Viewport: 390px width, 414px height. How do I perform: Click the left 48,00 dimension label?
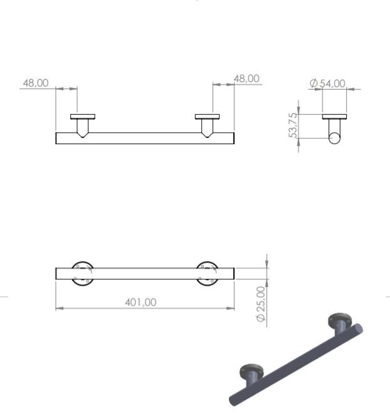[36, 83]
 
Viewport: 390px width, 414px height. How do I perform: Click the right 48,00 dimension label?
[246, 78]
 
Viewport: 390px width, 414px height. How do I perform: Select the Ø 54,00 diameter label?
[327, 83]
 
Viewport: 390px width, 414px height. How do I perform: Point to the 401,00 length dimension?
[140, 302]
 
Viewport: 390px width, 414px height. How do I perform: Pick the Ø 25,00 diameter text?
[261, 304]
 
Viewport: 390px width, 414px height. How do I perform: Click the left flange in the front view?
[82, 116]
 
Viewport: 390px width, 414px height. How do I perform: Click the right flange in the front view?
[207, 116]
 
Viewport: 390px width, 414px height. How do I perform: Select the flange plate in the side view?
[334, 116]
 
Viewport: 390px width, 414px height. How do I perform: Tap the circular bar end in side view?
[335, 138]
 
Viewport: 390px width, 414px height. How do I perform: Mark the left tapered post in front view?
[82, 127]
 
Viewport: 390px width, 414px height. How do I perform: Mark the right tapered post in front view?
[207, 127]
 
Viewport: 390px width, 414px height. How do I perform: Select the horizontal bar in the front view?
[145, 138]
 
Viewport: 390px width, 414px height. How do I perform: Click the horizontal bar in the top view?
[145, 274]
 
